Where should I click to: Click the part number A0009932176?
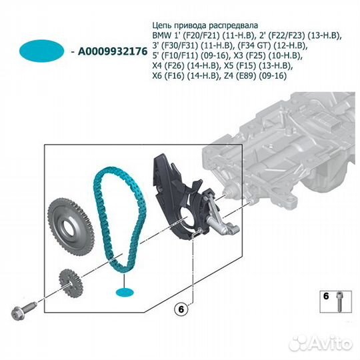[113, 51]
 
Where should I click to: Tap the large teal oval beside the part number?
[41, 51]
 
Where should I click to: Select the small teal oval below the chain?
[125, 293]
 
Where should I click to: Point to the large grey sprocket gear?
[71, 227]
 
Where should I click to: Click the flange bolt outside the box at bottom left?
[23, 310]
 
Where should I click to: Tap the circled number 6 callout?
[181, 309]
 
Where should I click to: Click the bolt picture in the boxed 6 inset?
[339, 301]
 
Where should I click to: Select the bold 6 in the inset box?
[326, 296]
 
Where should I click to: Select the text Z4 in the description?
[226, 75]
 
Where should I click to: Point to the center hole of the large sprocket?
[69, 228]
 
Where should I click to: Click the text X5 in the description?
[229, 65]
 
